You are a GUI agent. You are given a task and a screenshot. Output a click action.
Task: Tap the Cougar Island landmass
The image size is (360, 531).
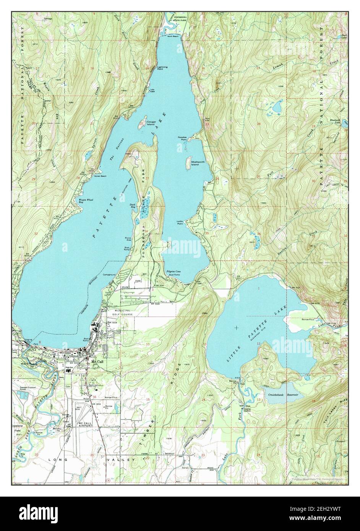pyautogui.click(x=142, y=123)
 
